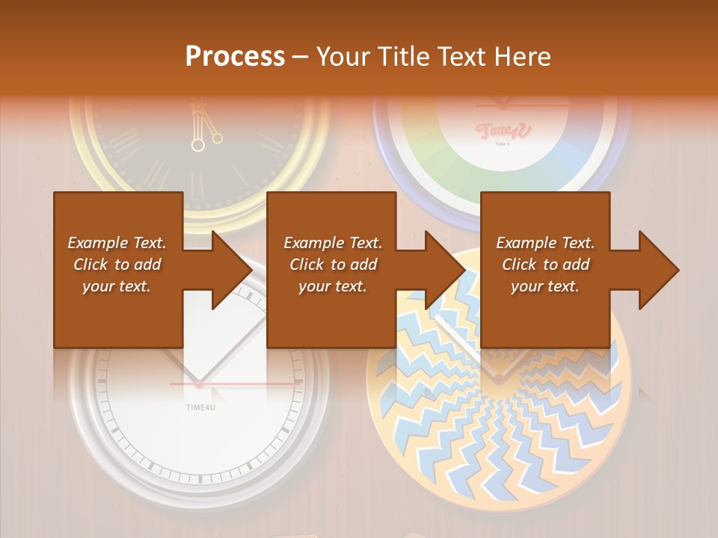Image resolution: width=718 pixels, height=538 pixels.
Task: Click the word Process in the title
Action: click(235, 56)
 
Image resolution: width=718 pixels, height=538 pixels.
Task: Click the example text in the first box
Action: click(117, 265)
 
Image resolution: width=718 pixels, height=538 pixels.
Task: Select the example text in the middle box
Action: click(333, 265)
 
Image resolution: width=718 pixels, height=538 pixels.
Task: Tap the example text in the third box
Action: click(545, 265)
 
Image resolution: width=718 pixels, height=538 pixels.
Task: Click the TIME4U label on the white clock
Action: click(199, 406)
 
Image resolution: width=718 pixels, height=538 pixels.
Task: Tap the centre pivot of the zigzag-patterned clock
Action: click(497, 378)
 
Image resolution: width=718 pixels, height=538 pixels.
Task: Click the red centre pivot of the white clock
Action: click(199, 384)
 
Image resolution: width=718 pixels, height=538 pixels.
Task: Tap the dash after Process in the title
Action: click(300, 56)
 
